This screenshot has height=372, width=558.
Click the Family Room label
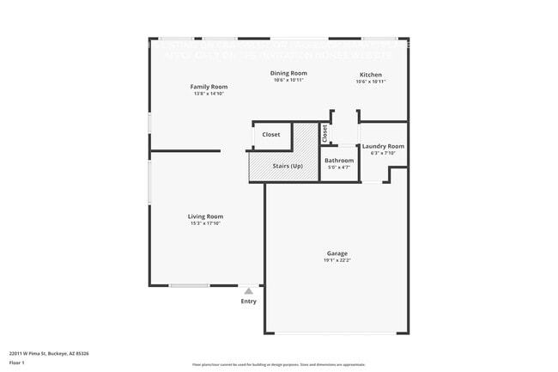click(209, 87)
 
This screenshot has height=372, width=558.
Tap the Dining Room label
click(288, 73)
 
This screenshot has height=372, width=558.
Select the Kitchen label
click(371, 75)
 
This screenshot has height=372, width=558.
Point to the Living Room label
click(206, 216)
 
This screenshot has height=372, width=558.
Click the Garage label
click(337, 253)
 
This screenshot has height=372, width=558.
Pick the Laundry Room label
click(383, 146)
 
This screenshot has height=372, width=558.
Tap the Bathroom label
click(339, 161)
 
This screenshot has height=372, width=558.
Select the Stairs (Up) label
click(287, 166)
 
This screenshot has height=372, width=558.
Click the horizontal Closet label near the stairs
click(271, 135)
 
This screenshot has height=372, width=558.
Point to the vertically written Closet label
click(325, 134)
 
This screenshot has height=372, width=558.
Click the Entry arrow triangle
click(249, 291)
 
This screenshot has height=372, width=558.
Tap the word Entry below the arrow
click(249, 302)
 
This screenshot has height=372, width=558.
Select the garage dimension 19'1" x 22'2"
click(337, 260)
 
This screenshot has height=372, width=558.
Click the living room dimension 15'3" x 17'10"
click(206, 223)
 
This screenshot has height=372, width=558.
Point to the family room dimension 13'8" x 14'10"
click(209, 94)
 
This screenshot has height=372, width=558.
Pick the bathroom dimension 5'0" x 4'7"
click(339, 168)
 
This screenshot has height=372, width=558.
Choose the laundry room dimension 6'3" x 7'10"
click(383, 153)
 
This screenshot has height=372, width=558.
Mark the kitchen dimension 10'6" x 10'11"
click(371, 82)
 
